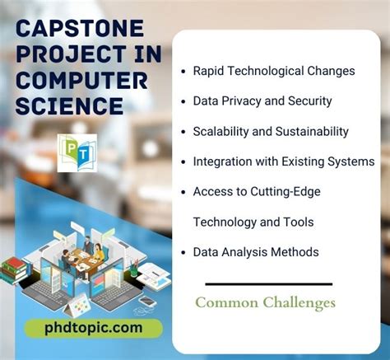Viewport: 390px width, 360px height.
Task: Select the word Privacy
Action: (246, 101)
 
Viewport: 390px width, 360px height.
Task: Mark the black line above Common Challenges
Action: (264, 284)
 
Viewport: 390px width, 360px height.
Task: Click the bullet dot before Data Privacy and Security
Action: (183, 101)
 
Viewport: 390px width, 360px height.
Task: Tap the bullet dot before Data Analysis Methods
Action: (183, 252)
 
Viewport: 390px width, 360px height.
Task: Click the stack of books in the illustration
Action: (15, 269)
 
